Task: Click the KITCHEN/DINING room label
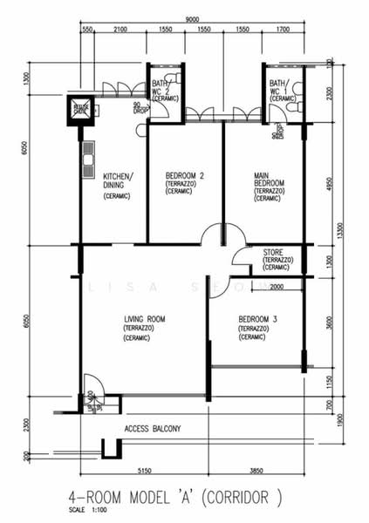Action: click(119, 180)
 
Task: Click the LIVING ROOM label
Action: click(145, 319)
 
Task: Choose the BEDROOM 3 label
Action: click(257, 320)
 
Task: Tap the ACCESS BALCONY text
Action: click(152, 429)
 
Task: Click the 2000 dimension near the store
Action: click(277, 286)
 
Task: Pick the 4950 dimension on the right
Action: click(330, 184)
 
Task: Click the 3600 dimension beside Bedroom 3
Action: click(329, 320)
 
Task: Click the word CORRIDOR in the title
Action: click(249, 498)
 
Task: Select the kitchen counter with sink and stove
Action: click(88, 160)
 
